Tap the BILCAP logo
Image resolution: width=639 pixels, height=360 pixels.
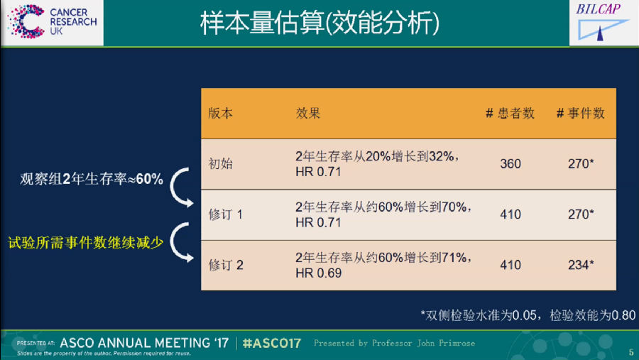click(x=601, y=22)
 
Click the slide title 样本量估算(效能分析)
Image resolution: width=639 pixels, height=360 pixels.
click(x=320, y=23)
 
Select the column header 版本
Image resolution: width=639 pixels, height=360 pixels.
click(x=221, y=114)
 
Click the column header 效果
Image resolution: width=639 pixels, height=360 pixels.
click(x=308, y=114)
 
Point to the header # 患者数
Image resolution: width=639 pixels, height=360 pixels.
click(x=510, y=114)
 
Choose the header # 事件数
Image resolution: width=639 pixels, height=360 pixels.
click(x=580, y=114)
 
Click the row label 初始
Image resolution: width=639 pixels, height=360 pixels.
click(x=221, y=164)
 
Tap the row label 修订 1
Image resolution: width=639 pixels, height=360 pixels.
click(x=225, y=214)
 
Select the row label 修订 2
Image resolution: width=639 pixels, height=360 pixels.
click(x=226, y=265)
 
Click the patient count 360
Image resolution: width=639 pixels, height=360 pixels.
click(x=510, y=164)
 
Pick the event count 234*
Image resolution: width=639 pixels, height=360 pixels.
click(x=581, y=265)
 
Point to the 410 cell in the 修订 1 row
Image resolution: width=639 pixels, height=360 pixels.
click(x=510, y=214)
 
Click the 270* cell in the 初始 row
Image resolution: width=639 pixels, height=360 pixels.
click(x=581, y=164)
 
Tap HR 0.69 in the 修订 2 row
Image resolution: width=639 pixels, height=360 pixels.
click(x=318, y=273)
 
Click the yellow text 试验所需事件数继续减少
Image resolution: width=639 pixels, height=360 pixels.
click(x=86, y=243)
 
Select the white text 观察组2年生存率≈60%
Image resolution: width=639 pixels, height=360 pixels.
click(x=92, y=179)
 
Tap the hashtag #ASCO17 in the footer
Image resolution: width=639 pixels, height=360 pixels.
click(x=272, y=343)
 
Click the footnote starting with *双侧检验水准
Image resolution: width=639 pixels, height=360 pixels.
click(x=528, y=315)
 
